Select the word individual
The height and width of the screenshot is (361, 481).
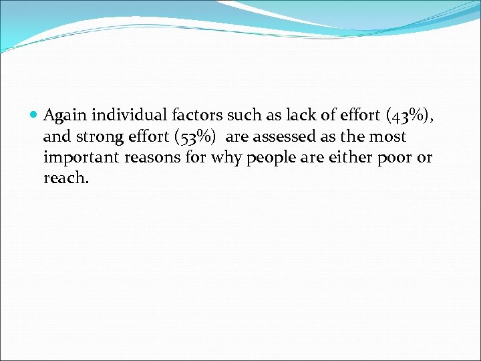[x=126, y=115]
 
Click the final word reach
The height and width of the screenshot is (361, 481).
[x=65, y=179]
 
